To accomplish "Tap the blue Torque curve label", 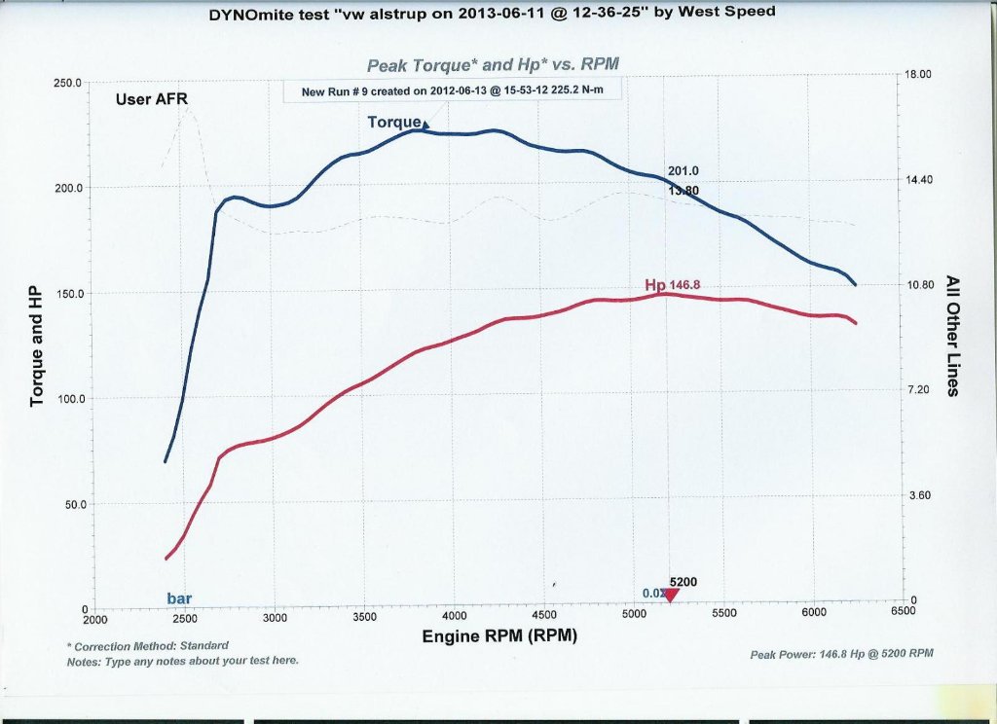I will tap(393, 123).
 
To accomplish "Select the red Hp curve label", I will tap(655, 284).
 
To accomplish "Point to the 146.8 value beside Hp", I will tap(684, 284).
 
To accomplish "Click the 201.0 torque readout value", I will tap(683, 172).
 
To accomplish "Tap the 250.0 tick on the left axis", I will tap(67, 84).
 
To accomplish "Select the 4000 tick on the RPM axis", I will tap(455, 618).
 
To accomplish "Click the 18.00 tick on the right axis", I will tap(919, 75).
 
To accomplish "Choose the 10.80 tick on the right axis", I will tap(919, 285).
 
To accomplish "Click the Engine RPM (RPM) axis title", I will tap(498, 636).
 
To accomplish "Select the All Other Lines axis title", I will tap(952, 336).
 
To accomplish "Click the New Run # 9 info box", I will tap(453, 91).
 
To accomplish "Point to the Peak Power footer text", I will tap(841, 654).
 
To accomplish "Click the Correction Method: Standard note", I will tap(147, 645).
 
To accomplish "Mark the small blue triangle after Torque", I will tap(425, 124).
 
